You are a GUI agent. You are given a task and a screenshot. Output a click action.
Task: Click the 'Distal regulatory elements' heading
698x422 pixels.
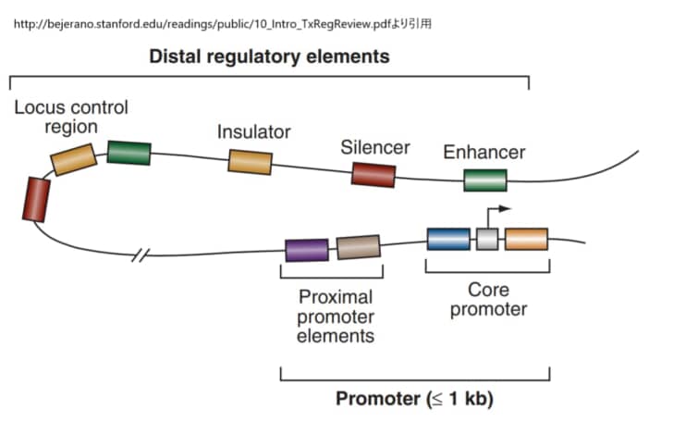(x=269, y=56)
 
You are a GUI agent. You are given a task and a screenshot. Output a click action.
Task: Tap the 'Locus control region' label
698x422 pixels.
(x=71, y=117)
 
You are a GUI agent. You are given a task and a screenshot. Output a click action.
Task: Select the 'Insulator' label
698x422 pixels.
(x=253, y=132)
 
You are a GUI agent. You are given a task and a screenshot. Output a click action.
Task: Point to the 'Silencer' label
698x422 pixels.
(x=374, y=147)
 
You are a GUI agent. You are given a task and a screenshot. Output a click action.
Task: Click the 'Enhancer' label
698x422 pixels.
(x=484, y=152)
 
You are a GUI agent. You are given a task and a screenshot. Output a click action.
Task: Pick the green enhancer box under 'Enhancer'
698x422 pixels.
(x=485, y=180)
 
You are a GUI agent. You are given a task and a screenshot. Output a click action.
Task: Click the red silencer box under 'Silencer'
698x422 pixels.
(x=373, y=174)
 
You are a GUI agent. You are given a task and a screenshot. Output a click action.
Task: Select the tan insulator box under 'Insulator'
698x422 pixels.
(x=251, y=162)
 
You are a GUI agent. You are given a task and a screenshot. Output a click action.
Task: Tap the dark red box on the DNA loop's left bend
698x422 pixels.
(x=36, y=199)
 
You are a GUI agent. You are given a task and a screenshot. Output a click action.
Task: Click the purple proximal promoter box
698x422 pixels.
(x=306, y=250)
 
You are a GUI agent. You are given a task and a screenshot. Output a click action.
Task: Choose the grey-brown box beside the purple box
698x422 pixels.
(x=359, y=247)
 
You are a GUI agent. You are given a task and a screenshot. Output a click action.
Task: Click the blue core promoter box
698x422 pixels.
(x=448, y=239)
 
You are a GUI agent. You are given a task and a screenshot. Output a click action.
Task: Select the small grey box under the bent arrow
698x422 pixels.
(x=487, y=240)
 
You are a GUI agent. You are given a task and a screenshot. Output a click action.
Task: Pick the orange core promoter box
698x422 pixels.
(x=526, y=239)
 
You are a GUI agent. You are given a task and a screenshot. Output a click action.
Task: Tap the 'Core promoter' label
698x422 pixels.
(x=488, y=300)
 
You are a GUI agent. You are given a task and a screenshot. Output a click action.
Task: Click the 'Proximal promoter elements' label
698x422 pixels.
(x=335, y=316)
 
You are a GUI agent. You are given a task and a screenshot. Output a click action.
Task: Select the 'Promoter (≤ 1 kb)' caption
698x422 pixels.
(x=414, y=400)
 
